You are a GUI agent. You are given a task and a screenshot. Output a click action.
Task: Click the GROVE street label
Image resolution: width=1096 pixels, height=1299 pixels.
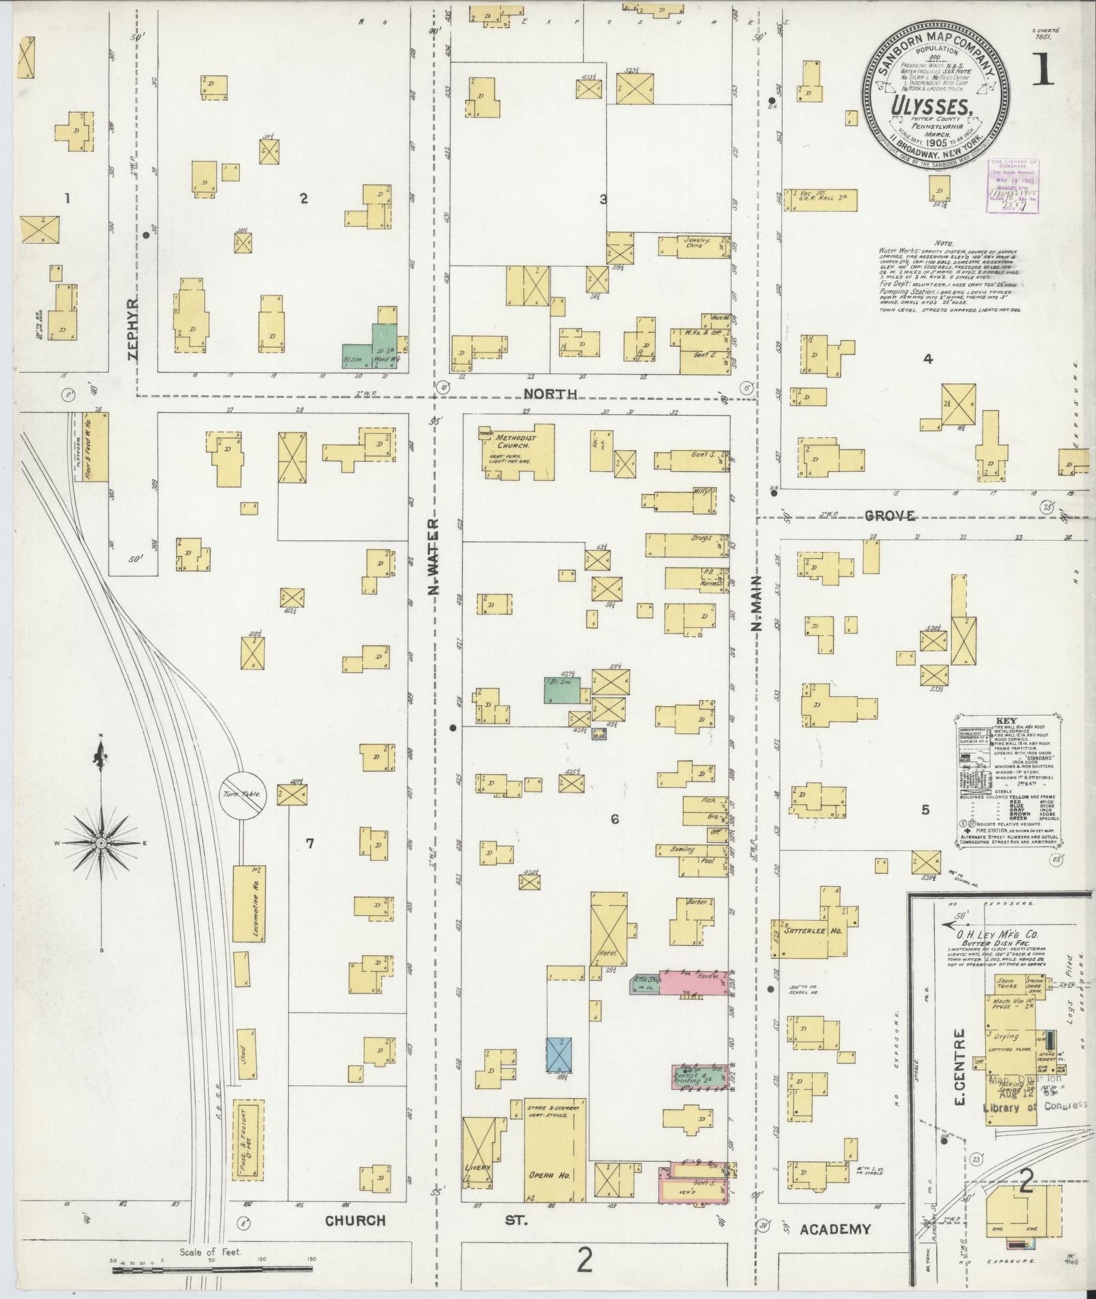[889, 517]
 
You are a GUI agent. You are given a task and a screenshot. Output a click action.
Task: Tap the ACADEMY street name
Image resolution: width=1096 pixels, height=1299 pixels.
[835, 1229]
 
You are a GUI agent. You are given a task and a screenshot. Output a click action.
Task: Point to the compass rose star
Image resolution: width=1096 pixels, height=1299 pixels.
[101, 843]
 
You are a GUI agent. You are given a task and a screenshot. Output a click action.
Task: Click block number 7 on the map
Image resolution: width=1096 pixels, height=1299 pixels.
[310, 844]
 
